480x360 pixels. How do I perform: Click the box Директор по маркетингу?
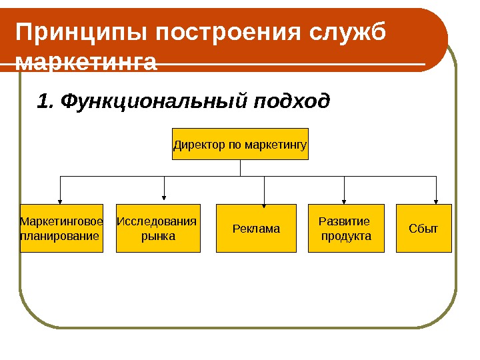[240, 144]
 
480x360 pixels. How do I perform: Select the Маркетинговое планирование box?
[61, 228]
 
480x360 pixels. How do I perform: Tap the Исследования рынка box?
[158, 228]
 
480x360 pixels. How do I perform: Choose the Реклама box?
[257, 229]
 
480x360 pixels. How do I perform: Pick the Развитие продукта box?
[346, 228]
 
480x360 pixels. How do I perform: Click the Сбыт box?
[423, 229]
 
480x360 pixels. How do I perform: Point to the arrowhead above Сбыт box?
[436, 199]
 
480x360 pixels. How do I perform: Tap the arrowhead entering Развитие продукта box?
[344, 199]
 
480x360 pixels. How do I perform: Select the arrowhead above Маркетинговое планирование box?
[61, 199]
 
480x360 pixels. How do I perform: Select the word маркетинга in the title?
[86, 63]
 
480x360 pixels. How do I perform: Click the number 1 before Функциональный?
[43, 101]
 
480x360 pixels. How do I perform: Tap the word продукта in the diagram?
[346, 236]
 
